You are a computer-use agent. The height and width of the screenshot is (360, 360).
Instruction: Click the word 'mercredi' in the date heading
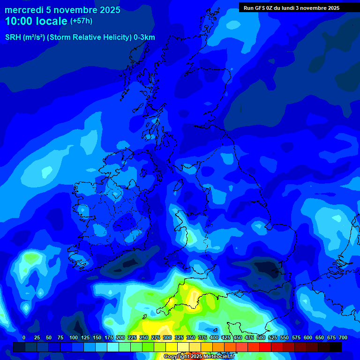(x=24, y=10)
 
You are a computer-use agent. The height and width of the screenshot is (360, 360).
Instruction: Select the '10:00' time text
(x=20, y=21)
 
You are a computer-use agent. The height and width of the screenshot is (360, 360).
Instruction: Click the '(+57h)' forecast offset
(x=81, y=21)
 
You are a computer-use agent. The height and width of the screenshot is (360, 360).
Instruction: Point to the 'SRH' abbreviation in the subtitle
(x=13, y=37)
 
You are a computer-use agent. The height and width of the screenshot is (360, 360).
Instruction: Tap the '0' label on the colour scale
(x=24, y=337)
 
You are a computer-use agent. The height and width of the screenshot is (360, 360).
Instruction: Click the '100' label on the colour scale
(x=74, y=337)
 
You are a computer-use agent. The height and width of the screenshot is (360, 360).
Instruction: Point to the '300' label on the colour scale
(x=167, y=337)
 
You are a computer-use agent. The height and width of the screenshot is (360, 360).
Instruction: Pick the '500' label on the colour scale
(x=261, y=337)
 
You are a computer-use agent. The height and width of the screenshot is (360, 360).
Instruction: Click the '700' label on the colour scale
(x=343, y=337)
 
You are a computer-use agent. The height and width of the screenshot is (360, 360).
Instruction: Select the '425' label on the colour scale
(x=226, y=337)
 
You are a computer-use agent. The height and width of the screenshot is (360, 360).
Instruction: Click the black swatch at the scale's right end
(x=336, y=347)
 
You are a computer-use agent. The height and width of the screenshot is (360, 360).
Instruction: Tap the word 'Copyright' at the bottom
(x=176, y=357)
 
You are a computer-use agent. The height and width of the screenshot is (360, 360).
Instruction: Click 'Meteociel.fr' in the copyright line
(x=219, y=357)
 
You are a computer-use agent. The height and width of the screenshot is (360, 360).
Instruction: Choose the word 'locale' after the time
(x=53, y=21)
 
